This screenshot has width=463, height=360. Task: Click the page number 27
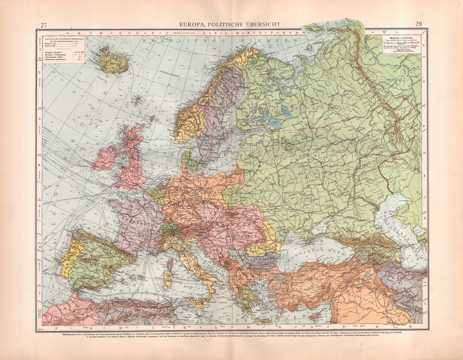[43, 24]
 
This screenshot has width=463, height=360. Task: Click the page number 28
[418, 24]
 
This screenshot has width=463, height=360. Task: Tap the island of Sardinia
[168, 281]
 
